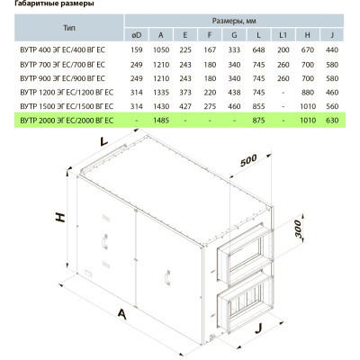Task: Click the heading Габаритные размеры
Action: pos(54,4)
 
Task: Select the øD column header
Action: pos(137,35)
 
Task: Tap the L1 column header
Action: pos(283,35)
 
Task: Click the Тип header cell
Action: pos(69,28)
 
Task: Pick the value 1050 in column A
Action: pos(161,49)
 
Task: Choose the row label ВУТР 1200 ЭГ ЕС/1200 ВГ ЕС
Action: pos(67,93)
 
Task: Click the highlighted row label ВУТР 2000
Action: pos(67,121)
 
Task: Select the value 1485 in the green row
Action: pos(161,121)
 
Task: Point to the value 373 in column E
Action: pos(185,93)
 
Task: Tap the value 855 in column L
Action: pos(258,106)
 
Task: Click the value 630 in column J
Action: pos(332,121)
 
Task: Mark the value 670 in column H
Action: pos(308,49)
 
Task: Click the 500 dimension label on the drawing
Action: pos(248,160)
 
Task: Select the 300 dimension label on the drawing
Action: pos(297,229)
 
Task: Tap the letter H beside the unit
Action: pos(60,218)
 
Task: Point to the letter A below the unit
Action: pos(121,314)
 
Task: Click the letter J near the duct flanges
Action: pos(258,329)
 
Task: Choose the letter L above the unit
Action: pos(103,141)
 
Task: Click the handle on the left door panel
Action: pos(104,241)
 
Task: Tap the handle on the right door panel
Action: pos(167,277)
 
